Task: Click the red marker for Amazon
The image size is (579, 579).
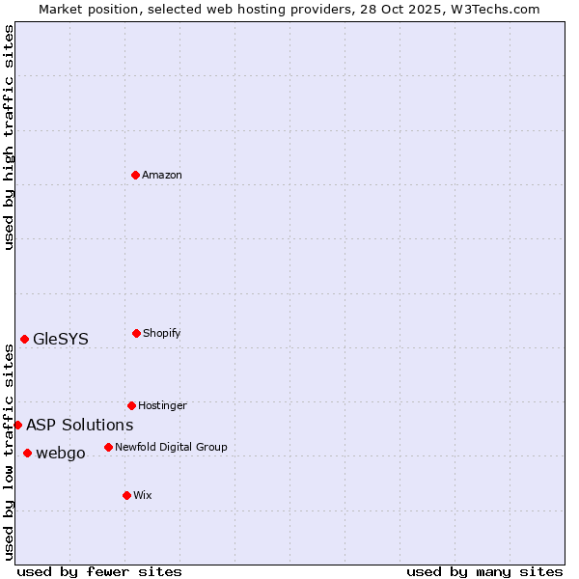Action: click(x=136, y=175)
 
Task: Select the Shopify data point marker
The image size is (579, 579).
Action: click(x=136, y=333)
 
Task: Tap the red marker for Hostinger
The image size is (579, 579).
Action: click(x=131, y=405)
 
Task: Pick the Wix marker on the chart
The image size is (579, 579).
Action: click(x=126, y=495)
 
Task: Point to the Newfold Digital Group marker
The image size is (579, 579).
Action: click(x=108, y=447)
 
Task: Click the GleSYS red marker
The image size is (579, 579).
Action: click(x=24, y=339)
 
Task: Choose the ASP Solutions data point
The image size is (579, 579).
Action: click(x=17, y=425)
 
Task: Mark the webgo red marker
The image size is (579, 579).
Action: click(x=27, y=453)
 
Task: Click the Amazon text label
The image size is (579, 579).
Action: click(x=162, y=175)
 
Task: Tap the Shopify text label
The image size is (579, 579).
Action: click(x=162, y=333)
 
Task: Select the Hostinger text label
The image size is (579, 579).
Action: click(x=162, y=405)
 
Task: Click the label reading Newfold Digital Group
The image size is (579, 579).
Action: click(x=171, y=447)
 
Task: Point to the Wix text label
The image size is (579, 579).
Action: click(x=143, y=495)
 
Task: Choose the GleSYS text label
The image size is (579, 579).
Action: click(x=61, y=339)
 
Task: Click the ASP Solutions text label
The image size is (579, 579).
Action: click(x=80, y=425)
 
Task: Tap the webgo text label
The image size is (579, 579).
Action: click(x=61, y=453)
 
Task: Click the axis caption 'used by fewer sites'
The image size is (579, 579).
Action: click(x=99, y=571)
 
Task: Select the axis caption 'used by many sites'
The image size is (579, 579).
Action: click(x=484, y=571)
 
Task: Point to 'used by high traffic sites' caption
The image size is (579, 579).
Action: click(x=9, y=137)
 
